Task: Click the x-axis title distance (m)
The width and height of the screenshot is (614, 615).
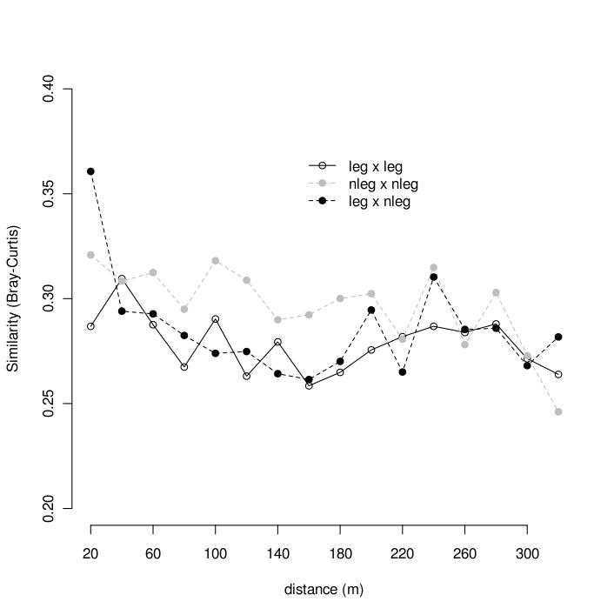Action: [x=324, y=589]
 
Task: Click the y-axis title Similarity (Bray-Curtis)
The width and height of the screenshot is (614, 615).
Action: [x=13, y=298]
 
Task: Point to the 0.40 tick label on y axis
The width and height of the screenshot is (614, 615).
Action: [x=50, y=89]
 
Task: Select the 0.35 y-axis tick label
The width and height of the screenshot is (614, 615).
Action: [x=50, y=193]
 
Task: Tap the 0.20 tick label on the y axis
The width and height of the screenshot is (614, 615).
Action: [x=50, y=508]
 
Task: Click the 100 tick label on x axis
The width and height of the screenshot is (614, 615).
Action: [x=215, y=553]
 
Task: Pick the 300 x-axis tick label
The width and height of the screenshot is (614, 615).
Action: [x=527, y=553]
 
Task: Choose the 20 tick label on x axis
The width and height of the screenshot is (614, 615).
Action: [x=90, y=553]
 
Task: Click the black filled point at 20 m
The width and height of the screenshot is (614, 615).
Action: [x=90, y=171]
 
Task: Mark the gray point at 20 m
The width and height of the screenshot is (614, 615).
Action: [x=90, y=255]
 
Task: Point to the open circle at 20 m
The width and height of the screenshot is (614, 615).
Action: [x=90, y=326]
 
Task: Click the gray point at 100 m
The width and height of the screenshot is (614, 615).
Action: [x=215, y=261]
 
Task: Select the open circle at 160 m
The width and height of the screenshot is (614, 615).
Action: [x=309, y=385]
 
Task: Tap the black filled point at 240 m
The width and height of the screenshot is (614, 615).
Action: [x=433, y=277]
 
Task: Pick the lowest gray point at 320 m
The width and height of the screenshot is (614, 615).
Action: [x=558, y=411]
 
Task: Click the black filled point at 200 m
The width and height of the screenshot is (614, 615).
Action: [x=371, y=310]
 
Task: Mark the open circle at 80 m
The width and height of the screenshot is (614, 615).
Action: [x=184, y=367]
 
